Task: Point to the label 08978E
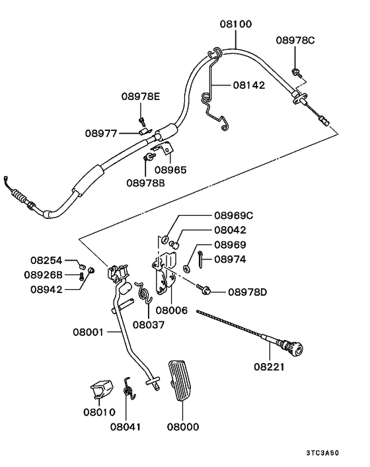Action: tap(141, 97)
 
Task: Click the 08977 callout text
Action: tap(101, 133)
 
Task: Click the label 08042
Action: tap(230, 231)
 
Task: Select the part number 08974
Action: tap(230, 260)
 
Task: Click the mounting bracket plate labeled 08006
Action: tap(163, 275)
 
